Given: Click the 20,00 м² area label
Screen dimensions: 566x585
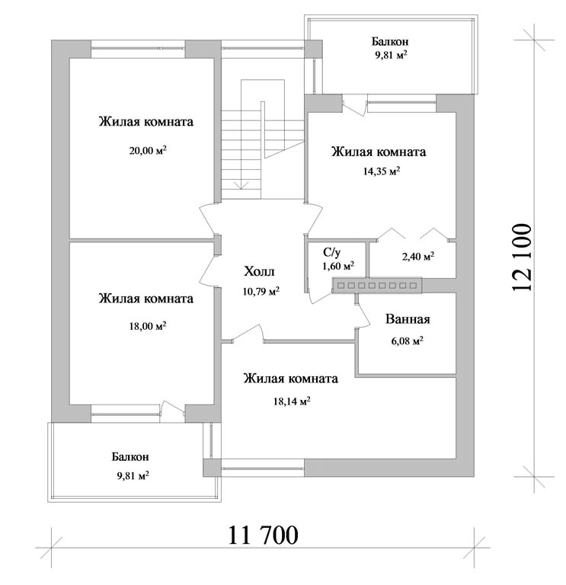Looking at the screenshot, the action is [x=148, y=150].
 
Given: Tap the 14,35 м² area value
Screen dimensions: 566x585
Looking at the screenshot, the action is [x=382, y=171].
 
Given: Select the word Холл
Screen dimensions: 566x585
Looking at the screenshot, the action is [x=259, y=271].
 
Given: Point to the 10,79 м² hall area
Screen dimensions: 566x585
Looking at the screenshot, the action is [x=261, y=291].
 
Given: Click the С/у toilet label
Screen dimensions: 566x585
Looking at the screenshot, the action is [x=331, y=253].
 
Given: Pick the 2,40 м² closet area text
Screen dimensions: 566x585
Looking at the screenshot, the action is [x=418, y=256].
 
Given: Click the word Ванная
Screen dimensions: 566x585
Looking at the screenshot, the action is [x=408, y=319].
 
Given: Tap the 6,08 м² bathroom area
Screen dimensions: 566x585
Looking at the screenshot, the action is [x=407, y=340].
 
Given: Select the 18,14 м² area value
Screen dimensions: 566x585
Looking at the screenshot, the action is [x=292, y=401].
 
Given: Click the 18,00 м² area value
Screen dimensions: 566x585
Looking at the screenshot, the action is [x=148, y=326].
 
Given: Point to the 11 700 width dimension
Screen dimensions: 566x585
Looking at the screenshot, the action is [x=263, y=535].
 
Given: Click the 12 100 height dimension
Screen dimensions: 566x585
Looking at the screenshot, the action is [x=521, y=257].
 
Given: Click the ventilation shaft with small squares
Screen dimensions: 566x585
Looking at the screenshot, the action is [x=377, y=286].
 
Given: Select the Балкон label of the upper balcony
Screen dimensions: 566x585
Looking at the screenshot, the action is [x=390, y=41].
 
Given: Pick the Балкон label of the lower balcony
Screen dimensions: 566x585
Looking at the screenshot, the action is [x=130, y=457].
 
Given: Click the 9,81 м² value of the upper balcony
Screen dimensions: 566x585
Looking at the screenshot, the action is [x=391, y=56].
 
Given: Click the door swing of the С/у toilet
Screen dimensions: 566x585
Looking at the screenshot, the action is [x=320, y=296].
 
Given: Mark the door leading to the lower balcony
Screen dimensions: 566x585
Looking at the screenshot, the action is [x=172, y=411].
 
